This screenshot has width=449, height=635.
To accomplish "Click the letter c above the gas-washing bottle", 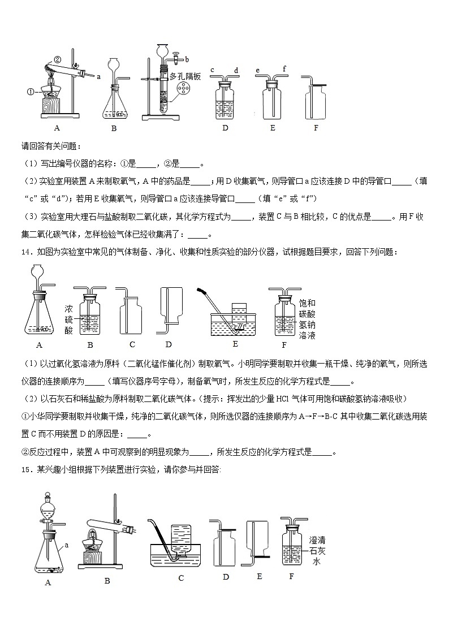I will (x=212, y=70).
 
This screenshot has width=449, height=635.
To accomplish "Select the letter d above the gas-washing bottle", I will (x=236, y=70).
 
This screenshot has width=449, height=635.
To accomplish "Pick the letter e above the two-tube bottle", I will (x=257, y=70).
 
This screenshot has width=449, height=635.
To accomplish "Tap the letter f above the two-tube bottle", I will (x=284, y=68).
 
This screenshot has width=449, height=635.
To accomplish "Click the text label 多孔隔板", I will (x=188, y=76).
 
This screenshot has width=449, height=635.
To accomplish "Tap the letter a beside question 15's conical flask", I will (x=66, y=545).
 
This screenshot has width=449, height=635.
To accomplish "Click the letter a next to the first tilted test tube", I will (x=98, y=76).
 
